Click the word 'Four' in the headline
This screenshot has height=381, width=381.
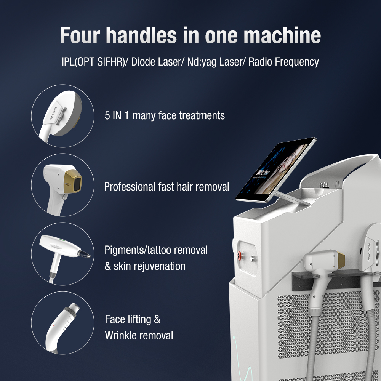point(79,35)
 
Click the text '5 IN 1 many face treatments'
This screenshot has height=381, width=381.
point(165,115)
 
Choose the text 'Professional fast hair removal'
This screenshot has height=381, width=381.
point(166,187)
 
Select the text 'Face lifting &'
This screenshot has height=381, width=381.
point(133,319)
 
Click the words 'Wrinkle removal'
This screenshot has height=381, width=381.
point(139,335)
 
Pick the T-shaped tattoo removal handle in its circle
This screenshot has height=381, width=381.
point(63,251)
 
